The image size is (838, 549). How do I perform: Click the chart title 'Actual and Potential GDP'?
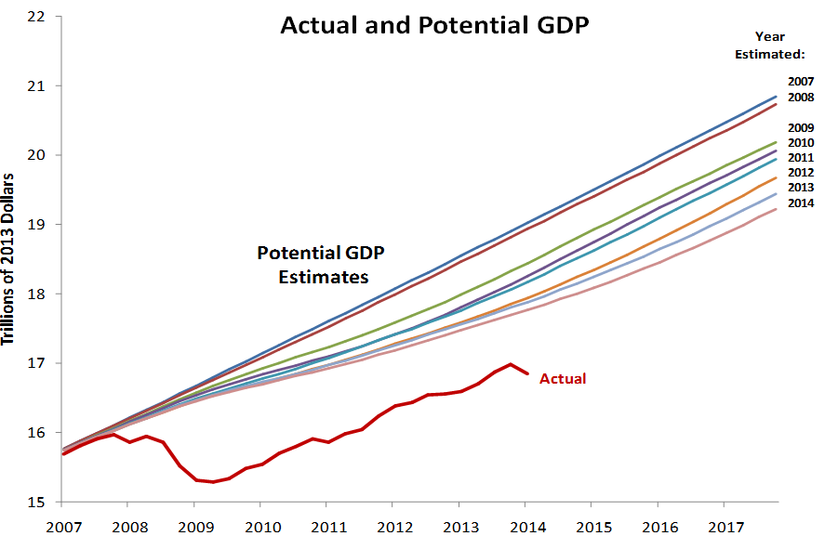click(x=434, y=26)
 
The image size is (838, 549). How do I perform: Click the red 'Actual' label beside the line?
click(x=564, y=378)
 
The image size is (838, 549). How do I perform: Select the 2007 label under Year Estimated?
click(x=801, y=82)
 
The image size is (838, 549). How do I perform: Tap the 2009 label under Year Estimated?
click(x=801, y=127)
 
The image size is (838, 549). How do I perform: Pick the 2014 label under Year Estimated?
click(x=801, y=203)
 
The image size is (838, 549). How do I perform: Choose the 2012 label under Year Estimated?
click(x=801, y=173)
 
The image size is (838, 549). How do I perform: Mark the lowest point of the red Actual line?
click(x=213, y=482)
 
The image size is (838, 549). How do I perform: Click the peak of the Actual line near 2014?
click(x=511, y=364)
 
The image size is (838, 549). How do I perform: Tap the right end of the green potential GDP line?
click(x=777, y=142)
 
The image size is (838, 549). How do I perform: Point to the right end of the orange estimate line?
click(x=777, y=177)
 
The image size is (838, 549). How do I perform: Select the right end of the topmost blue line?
click(x=777, y=97)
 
